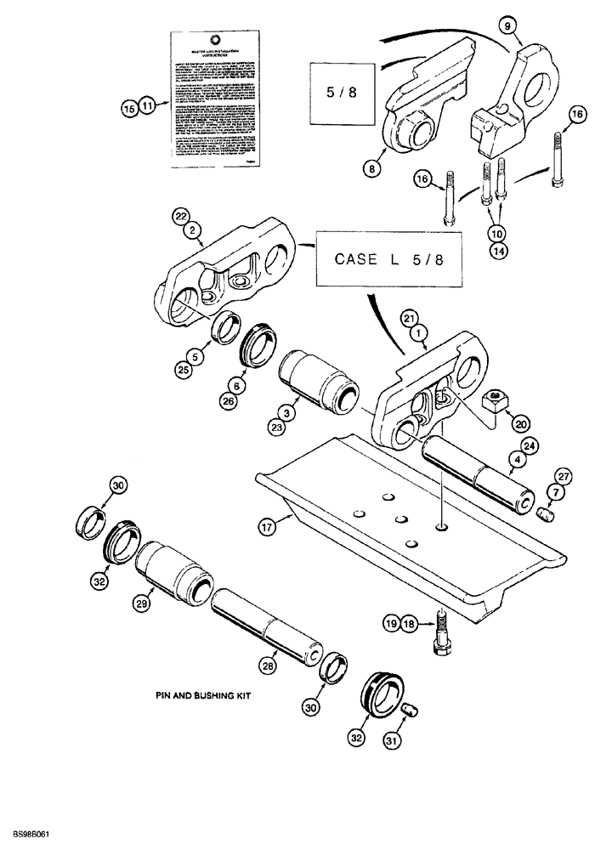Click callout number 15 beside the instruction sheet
point(129,107)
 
